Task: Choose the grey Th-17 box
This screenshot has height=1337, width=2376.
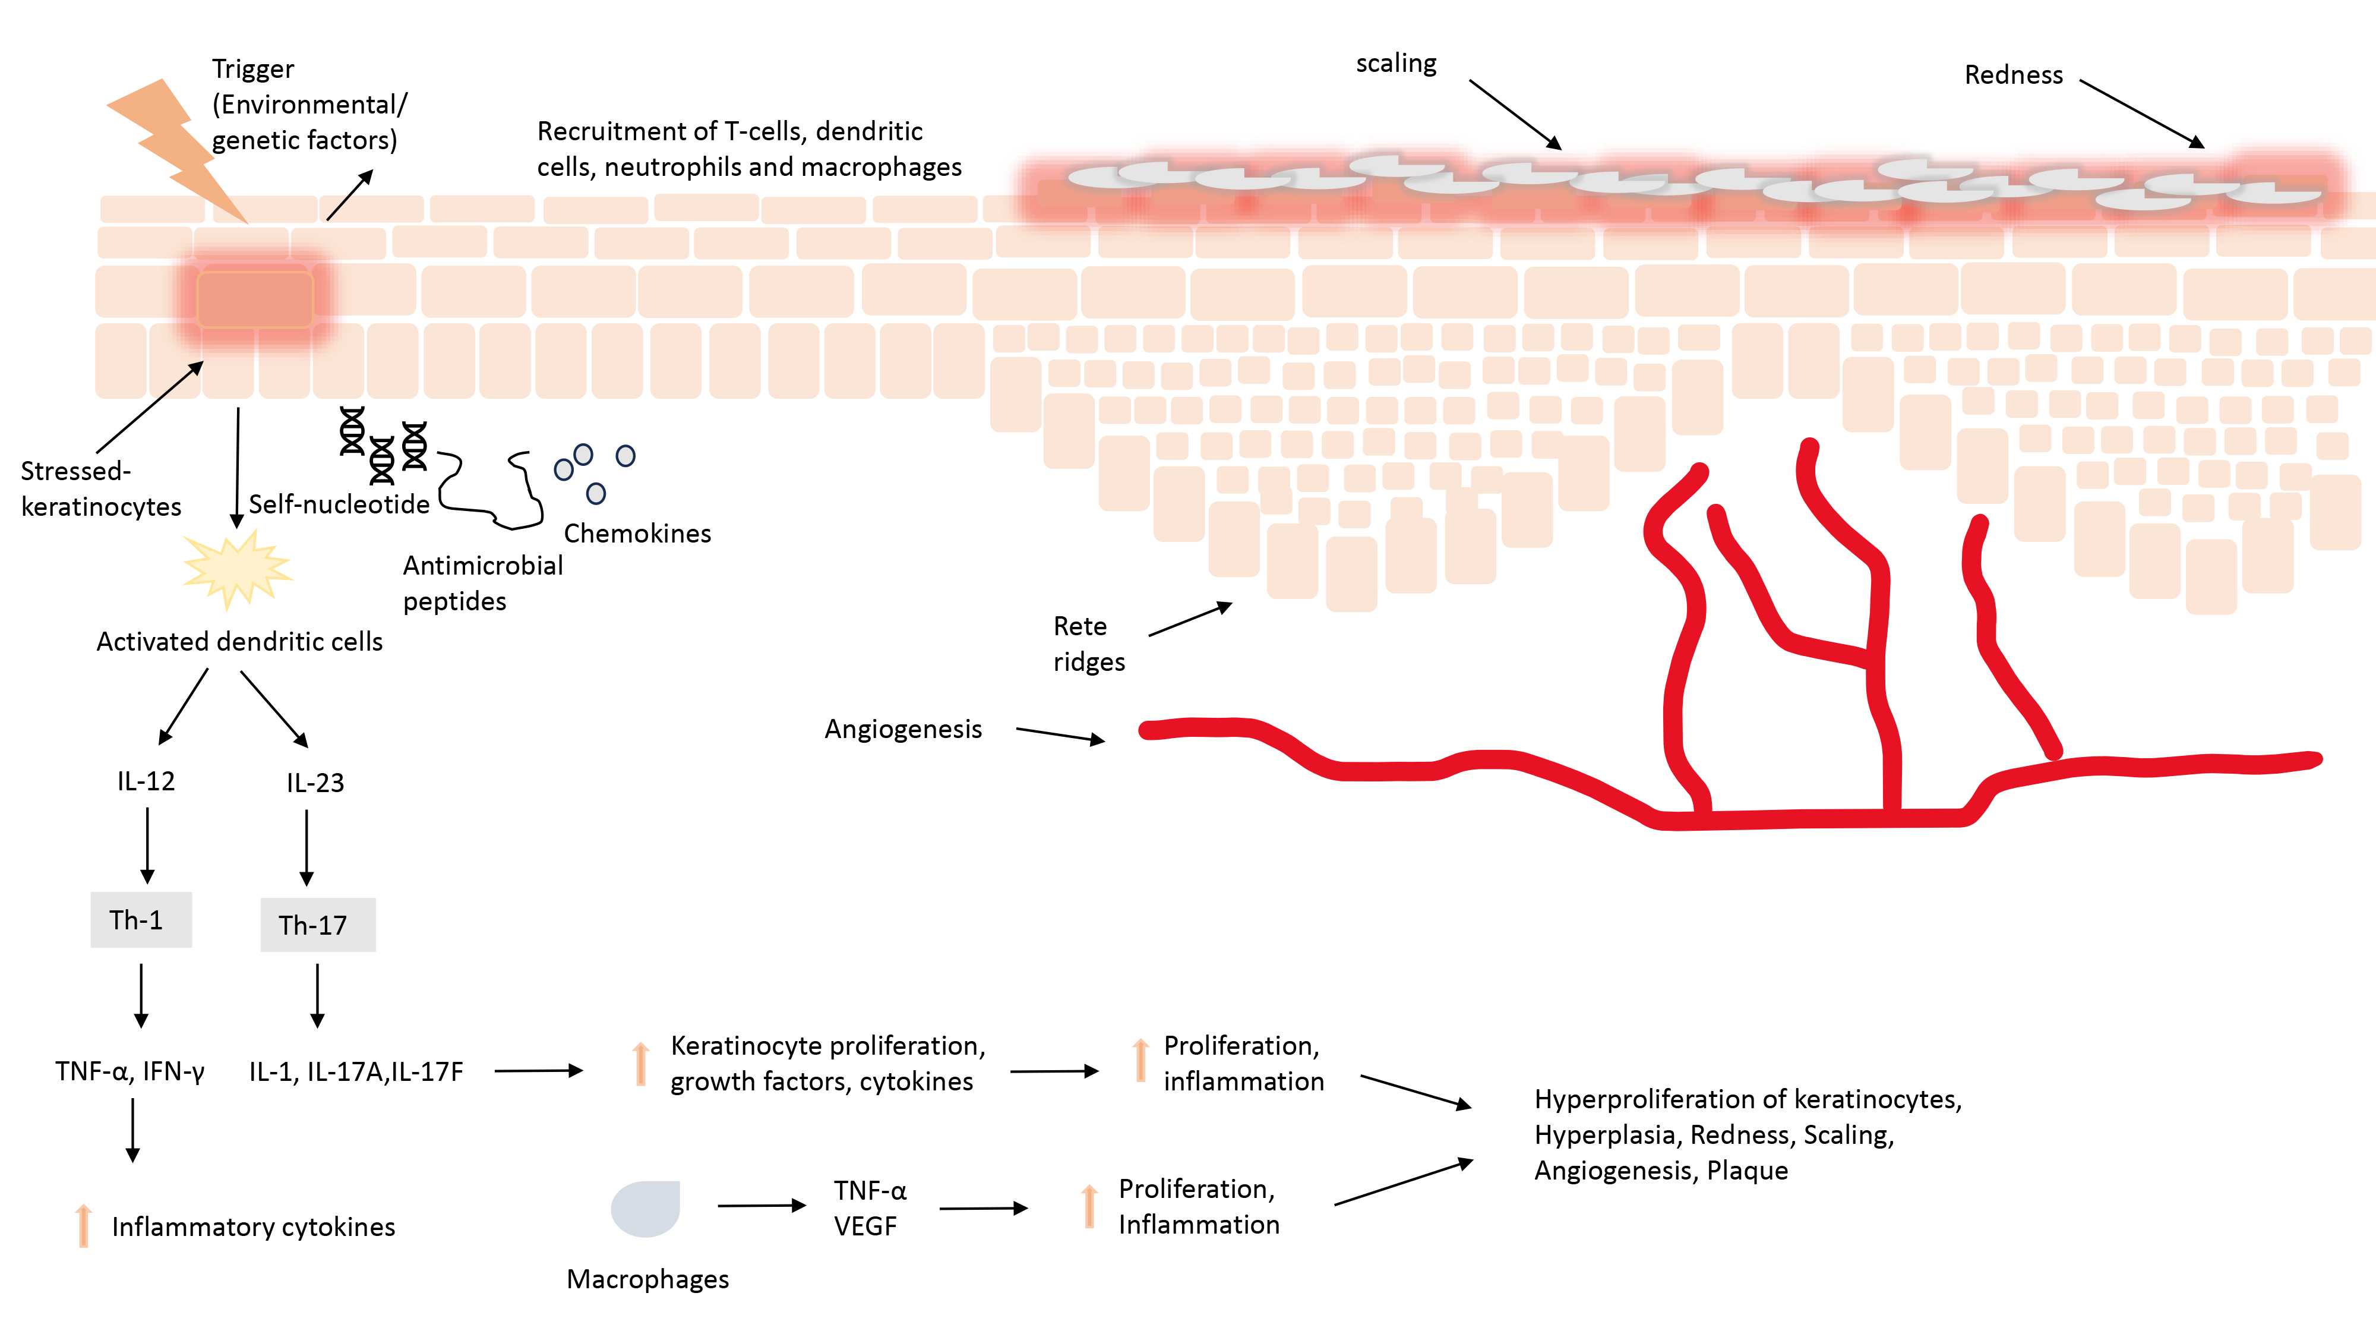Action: click(x=317, y=925)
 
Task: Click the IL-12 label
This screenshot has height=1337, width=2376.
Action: click(x=146, y=781)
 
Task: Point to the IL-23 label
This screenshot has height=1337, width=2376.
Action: click(x=315, y=783)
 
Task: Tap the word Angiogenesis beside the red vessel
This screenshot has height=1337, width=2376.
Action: click(x=903, y=729)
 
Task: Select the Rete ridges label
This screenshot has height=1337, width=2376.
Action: click(x=1088, y=644)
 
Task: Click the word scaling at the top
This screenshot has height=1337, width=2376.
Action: click(x=1395, y=64)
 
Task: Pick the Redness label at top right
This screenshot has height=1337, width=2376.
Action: click(x=2012, y=75)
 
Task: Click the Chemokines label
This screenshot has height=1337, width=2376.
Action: click(x=637, y=534)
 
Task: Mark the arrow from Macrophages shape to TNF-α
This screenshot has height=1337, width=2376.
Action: click(x=762, y=1206)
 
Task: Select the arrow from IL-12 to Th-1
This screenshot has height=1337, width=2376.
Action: click(x=147, y=845)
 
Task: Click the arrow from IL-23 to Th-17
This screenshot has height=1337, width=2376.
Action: click(x=307, y=847)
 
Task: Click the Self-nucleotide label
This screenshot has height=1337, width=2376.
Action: click(x=339, y=504)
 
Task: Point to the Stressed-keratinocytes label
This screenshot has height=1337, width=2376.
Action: click(x=100, y=489)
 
